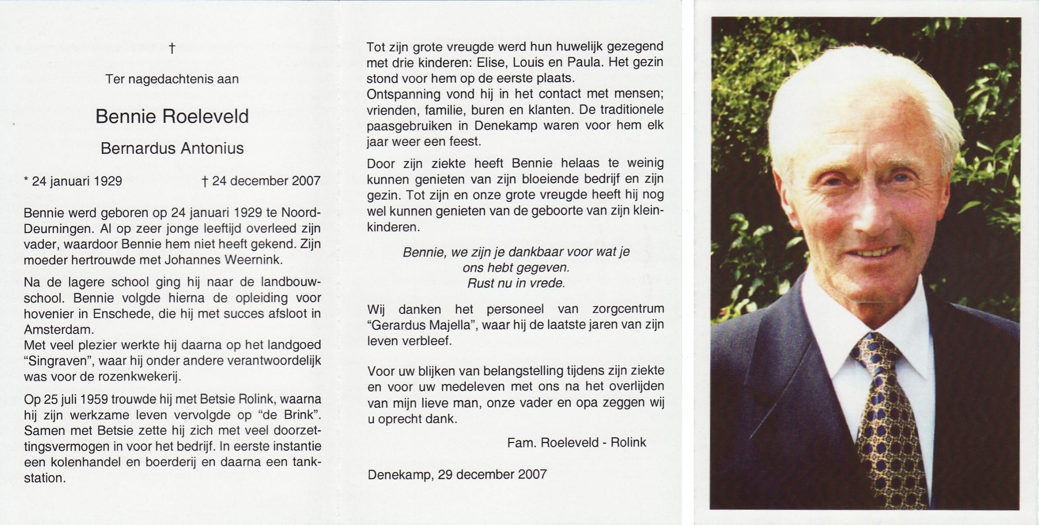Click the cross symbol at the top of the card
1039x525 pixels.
click(172, 48)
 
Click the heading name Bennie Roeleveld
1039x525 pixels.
click(172, 116)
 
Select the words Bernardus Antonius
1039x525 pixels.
click(172, 148)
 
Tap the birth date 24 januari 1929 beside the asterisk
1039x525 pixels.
click(77, 181)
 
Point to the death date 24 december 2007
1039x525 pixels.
click(266, 181)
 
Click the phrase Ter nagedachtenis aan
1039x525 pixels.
click(172, 79)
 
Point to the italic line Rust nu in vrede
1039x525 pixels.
click(516, 283)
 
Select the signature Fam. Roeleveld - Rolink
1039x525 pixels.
click(576, 443)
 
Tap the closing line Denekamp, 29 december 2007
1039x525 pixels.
click(457, 474)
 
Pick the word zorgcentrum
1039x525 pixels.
click(628, 309)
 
